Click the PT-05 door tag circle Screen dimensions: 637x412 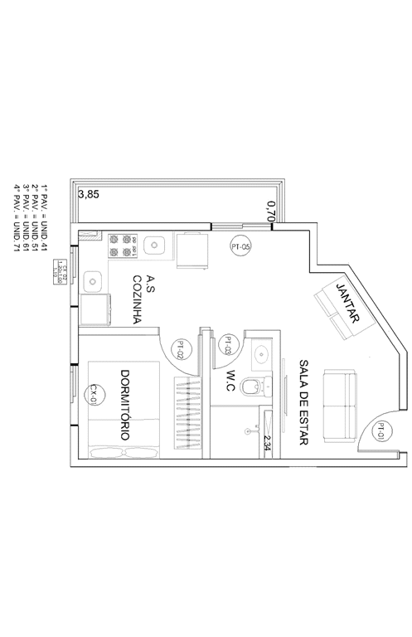tap(241, 246)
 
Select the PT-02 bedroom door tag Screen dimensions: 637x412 tap(181, 349)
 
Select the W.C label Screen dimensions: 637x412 tap(233, 379)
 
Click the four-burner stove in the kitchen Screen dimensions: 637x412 tap(120, 246)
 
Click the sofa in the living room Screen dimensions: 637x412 tap(340, 405)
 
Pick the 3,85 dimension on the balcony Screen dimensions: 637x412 tap(87, 195)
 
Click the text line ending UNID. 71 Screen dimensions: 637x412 tap(16, 212)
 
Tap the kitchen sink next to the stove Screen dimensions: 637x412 tap(154, 246)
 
